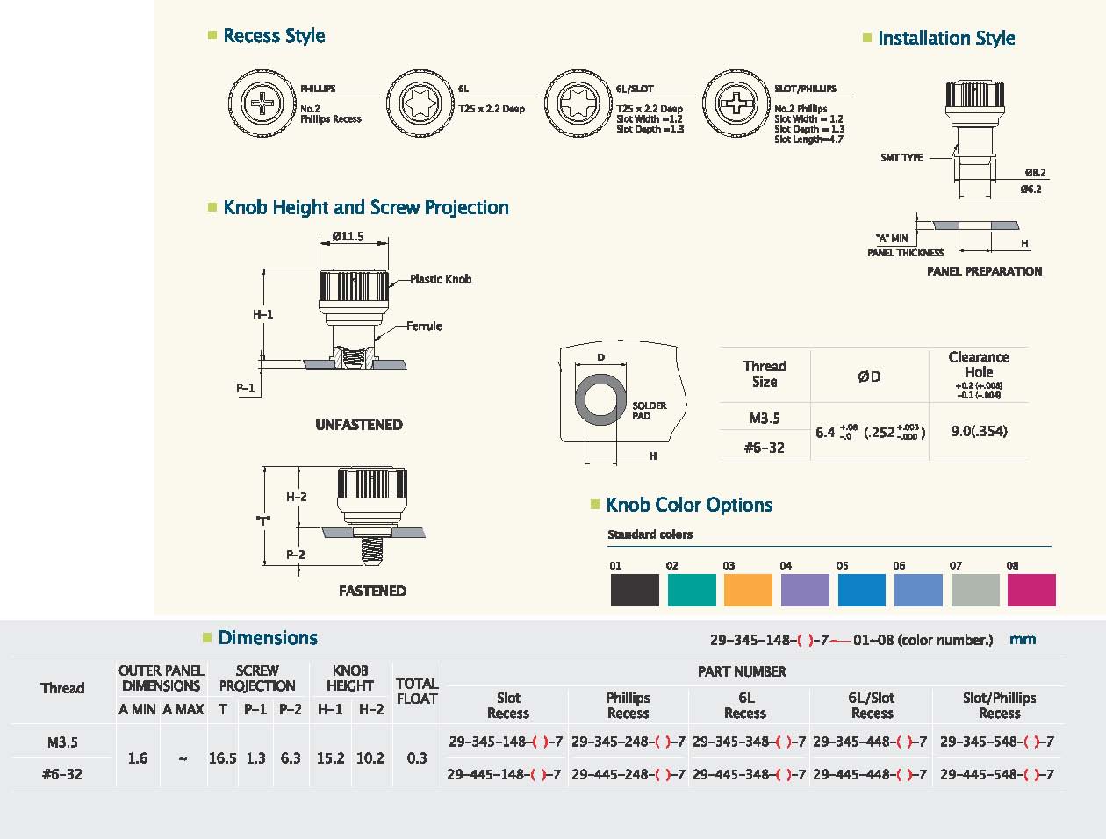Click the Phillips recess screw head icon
point(262,104)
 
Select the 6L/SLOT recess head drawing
point(578,104)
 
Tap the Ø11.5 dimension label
point(348,236)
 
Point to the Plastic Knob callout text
point(441,279)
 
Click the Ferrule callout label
point(424,326)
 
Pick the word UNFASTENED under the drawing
point(359,425)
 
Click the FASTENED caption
point(372,591)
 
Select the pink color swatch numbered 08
point(1031,590)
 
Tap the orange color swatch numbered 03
point(748,590)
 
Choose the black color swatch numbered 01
point(635,590)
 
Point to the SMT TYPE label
point(901,158)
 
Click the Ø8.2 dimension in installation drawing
point(1036,172)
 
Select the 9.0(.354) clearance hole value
point(979,431)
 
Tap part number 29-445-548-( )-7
point(996,774)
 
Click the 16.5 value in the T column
point(222,758)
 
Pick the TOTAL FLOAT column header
point(417,691)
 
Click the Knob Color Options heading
point(689,505)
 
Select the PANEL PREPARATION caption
point(984,271)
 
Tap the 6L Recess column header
point(745,705)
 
